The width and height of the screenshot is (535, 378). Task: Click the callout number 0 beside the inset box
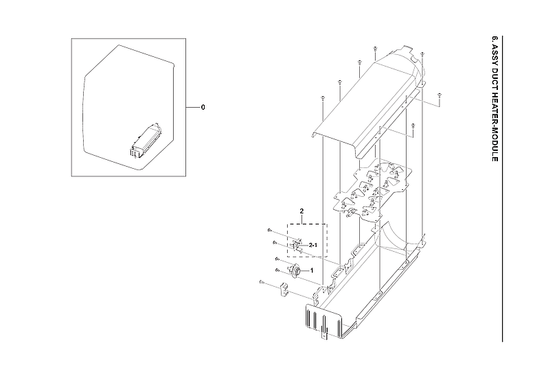203,108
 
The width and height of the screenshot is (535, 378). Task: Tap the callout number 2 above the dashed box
301,209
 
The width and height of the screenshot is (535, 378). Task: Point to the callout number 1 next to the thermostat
312,270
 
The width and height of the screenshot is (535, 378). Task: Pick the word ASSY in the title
494,56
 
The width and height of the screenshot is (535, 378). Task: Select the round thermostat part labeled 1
297,271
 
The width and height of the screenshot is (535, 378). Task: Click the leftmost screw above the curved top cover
322,100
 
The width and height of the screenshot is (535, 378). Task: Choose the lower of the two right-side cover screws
411,126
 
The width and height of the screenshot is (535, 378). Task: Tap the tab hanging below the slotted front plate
326,335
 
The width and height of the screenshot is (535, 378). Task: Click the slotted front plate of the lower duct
323,319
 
